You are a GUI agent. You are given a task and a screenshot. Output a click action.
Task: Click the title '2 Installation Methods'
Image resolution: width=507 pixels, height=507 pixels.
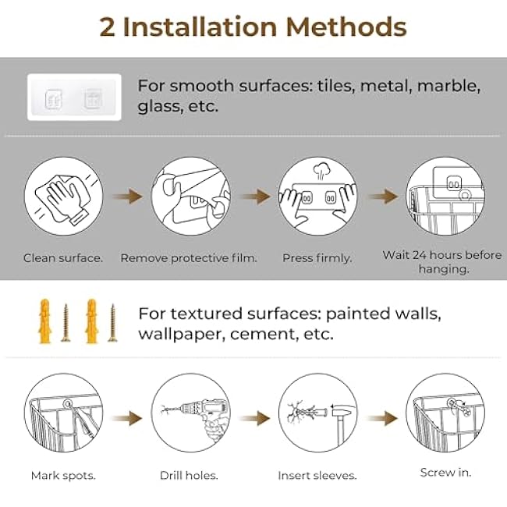pos(253,27)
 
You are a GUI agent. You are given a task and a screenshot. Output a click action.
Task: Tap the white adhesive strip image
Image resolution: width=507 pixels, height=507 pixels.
pos(74,97)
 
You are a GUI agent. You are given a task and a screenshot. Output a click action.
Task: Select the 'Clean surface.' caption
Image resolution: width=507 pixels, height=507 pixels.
pos(63,257)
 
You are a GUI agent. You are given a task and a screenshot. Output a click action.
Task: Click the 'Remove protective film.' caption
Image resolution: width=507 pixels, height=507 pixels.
pos(189,257)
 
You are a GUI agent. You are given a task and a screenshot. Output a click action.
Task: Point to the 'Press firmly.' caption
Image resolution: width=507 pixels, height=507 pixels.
pos(317,257)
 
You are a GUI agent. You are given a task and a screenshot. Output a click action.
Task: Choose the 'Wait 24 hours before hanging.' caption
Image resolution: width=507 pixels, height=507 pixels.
pos(441,261)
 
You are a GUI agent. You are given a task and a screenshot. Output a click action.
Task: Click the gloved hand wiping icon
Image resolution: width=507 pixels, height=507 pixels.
pos(63,197)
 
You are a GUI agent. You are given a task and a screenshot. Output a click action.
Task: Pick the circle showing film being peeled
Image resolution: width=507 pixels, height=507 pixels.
pos(190,197)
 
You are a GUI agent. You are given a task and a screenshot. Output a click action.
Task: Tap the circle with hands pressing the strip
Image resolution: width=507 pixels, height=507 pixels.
pos(317,197)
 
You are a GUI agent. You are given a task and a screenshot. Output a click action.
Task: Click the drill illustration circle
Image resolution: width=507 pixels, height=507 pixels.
pos(190,413)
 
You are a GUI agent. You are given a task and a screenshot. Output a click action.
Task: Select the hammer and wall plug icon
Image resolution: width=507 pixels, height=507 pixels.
pos(317,413)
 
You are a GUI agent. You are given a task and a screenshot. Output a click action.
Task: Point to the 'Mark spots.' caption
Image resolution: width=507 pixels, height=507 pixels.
pos(63,475)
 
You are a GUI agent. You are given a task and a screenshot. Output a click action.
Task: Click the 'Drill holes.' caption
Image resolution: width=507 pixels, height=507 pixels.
pos(189,475)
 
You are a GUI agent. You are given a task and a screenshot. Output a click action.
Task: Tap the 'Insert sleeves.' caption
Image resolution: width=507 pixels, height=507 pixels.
pos(317,475)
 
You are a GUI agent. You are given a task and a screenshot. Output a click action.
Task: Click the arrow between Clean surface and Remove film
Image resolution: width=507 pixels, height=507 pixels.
pos(126,197)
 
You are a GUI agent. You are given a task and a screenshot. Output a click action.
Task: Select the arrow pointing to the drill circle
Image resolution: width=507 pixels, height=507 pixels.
pos(126,419)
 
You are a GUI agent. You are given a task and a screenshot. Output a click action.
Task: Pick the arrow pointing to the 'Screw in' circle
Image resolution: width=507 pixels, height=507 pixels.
pos(381,419)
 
